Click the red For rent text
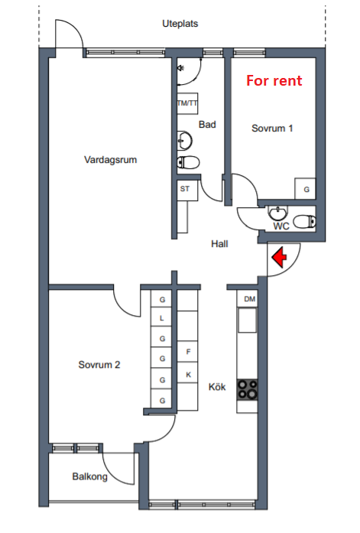click(x=274, y=80)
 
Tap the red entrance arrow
click(x=280, y=257)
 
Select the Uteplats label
click(x=180, y=24)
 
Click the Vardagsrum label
click(x=110, y=159)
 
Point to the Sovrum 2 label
click(x=99, y=365)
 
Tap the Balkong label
click(x=89, y=476)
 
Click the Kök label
click(x=217, y=387)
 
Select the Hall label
click(x=219, y=244)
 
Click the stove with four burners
click(x=247, y=389)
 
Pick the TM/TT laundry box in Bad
click(x=187, y=103)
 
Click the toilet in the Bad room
click(x=188, y=162)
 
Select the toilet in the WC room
click(x=305, y=221)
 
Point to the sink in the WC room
click(x=278, y=213)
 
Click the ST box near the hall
click(x=187, y=190)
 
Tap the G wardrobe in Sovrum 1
click(x=305, y=189)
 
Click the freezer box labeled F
click(x=188, y=352)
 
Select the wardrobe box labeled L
click(x=161, y=317)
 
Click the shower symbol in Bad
click(x=181, y=68)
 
